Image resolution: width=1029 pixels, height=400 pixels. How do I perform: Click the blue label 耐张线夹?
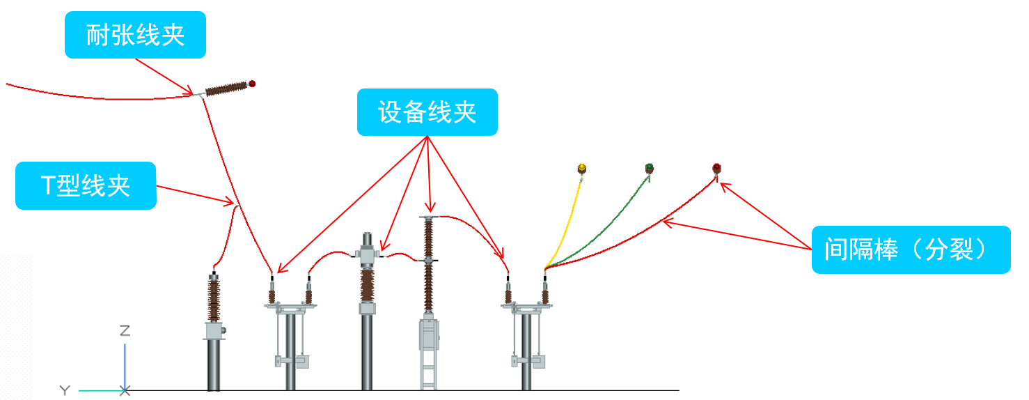135,35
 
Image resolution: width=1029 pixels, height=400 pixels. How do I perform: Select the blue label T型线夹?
86,186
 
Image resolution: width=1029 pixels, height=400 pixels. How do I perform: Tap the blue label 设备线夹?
427,112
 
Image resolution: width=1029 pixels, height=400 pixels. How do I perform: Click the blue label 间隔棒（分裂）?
911,249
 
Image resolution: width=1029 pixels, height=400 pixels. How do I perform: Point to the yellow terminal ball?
582,168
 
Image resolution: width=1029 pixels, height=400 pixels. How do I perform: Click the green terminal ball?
649,167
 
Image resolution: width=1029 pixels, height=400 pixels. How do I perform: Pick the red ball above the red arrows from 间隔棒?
716,168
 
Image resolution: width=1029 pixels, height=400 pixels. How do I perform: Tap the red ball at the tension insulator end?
252,84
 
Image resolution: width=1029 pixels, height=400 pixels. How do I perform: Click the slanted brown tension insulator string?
226,89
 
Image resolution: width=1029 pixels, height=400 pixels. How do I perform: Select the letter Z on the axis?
125,331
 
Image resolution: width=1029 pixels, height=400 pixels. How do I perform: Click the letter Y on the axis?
65,391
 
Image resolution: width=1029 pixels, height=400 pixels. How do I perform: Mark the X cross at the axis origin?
125,390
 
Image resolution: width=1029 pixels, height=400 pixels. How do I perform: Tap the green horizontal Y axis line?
97,390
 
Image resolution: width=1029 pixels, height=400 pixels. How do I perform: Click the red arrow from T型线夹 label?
195,196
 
